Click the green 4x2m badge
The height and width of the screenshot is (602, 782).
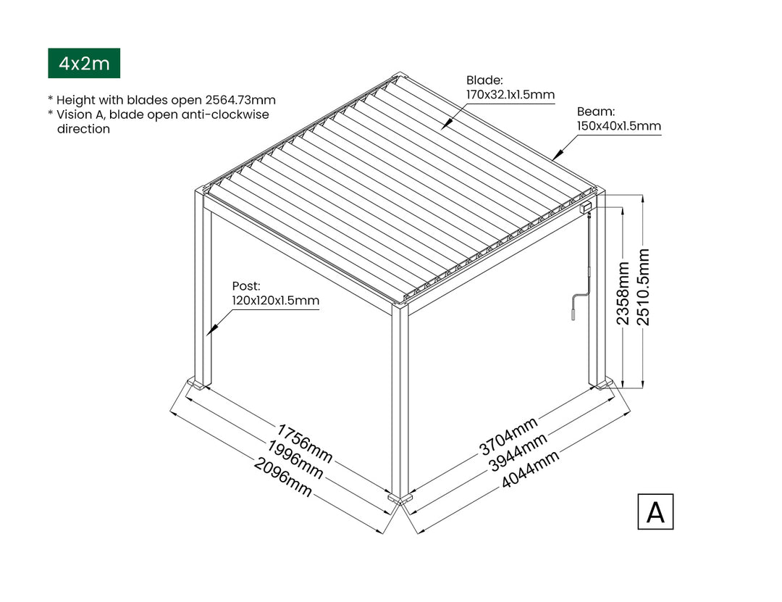tap(84, 63)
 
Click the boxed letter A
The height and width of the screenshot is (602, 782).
tap(655, 511)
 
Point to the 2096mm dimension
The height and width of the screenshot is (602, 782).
tap(283, 477)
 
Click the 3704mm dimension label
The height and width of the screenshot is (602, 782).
tap(509, 436)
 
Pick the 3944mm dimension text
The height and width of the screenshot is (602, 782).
tap(518, 452)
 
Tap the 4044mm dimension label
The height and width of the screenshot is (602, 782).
tap(530, 469)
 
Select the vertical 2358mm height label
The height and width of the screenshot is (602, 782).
tap(623, 293)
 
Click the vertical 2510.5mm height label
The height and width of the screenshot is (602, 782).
tap(644, 287)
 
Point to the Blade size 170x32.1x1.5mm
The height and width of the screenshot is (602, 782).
tap(510, 94)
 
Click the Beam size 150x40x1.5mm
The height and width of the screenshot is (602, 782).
tap(619, 126)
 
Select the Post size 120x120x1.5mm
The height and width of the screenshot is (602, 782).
tap(275, 301)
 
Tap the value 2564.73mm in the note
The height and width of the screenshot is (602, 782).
tap(240, 100)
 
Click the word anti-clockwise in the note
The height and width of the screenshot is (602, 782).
tap(225, 114)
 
